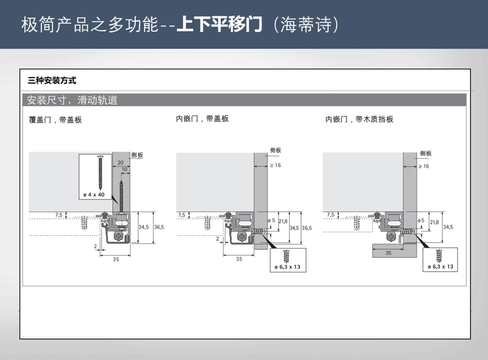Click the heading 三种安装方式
point(52,80)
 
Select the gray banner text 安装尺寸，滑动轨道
point(72,101)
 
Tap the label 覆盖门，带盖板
point(56,120)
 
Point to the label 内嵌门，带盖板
point(202,119)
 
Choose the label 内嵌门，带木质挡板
point(359,119)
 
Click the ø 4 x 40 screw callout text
point(94,195)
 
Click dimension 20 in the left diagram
point(120,162)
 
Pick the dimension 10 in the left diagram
point(124,170)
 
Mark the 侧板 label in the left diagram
point(137,155)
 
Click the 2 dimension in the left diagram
point(95,246)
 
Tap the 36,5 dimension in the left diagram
point(159,227)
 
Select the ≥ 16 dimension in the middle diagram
point(275,165)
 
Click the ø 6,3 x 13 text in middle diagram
point(287,266)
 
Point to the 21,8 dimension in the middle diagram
point(283,221)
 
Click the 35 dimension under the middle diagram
point(239,259)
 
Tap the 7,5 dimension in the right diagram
point(330,215)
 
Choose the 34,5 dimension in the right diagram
point(447,227)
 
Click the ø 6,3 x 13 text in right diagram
point(441,266)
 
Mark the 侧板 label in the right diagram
point(426,153)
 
